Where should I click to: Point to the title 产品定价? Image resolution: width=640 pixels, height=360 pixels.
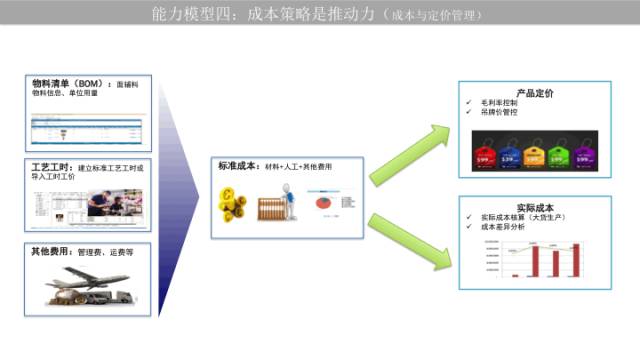coord(535,94)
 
